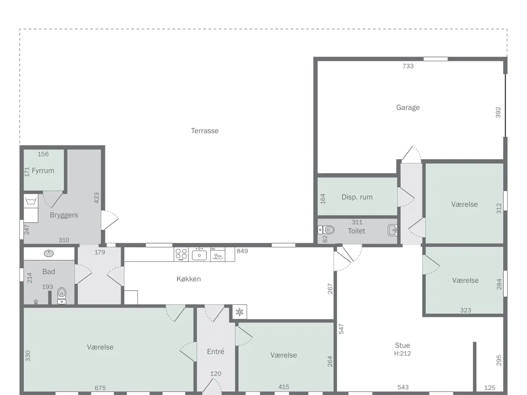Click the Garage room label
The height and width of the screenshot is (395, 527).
point(408,107)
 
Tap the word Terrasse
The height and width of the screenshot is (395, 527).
point(205,131)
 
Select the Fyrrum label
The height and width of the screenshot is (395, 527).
point(43,170)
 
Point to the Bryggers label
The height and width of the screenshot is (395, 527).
point(64,215)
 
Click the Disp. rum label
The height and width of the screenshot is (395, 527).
point(357,197)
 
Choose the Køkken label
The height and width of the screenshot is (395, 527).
point(189,279)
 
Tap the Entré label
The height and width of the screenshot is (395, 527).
point(216,351)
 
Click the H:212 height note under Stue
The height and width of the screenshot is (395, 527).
point(402,353)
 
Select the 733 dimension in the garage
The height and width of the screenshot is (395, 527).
point(408,66)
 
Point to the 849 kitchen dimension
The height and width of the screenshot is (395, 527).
point(242,251)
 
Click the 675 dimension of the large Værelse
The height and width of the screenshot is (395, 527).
point(100,388)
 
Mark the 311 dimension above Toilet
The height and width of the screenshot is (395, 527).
point(357,222)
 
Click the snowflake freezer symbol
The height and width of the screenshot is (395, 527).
point(240,312)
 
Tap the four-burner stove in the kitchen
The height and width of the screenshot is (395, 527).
point(181,254)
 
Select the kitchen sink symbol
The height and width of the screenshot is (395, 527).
point(199,254)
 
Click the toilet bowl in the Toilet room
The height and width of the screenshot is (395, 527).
point(326,230)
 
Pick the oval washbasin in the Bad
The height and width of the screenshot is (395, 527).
point(49,253)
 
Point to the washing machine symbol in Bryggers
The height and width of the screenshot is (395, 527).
point(31,201)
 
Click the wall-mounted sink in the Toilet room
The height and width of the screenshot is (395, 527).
point(392,230)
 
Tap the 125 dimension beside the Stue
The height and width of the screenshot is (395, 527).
point(490,388)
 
